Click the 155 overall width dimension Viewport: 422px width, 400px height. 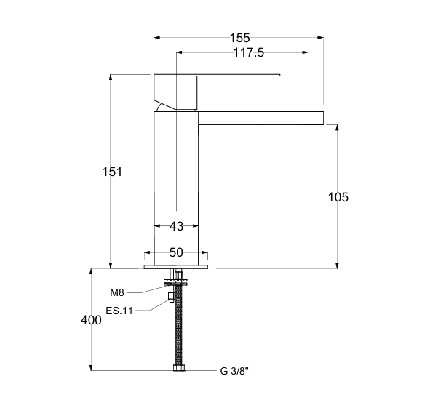tap(239, 38)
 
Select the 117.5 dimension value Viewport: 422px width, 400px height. tap(248, 52)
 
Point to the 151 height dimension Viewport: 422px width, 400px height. tap(112, 172)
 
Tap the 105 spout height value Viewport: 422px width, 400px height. tap(338, 197)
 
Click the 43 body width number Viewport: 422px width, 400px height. tap(176, 226)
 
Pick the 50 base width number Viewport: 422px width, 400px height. tap(176, 252)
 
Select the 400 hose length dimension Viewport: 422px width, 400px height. tap(91, 320)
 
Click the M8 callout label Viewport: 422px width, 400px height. tap(117, 292)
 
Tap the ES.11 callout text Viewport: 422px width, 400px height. tap(119, 311)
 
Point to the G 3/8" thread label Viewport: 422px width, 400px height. tap(234, 371)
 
